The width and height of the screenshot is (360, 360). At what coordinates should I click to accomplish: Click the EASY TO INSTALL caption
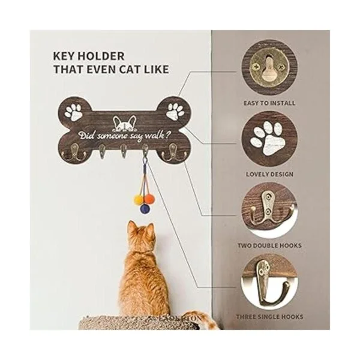269,103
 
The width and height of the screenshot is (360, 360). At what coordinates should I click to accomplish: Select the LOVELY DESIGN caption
269,174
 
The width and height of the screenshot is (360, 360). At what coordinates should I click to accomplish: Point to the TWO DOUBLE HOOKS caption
269,245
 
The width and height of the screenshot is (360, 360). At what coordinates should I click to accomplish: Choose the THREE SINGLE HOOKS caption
269,317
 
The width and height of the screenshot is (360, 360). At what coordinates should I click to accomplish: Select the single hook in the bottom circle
271,284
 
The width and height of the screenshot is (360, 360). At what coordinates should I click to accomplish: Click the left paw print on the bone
73,112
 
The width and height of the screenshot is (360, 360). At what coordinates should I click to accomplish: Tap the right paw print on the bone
175,112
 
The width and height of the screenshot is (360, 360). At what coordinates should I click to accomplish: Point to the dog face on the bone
124,124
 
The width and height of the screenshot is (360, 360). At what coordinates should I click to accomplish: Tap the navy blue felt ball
145,208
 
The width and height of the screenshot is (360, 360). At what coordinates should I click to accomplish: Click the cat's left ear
132,226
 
